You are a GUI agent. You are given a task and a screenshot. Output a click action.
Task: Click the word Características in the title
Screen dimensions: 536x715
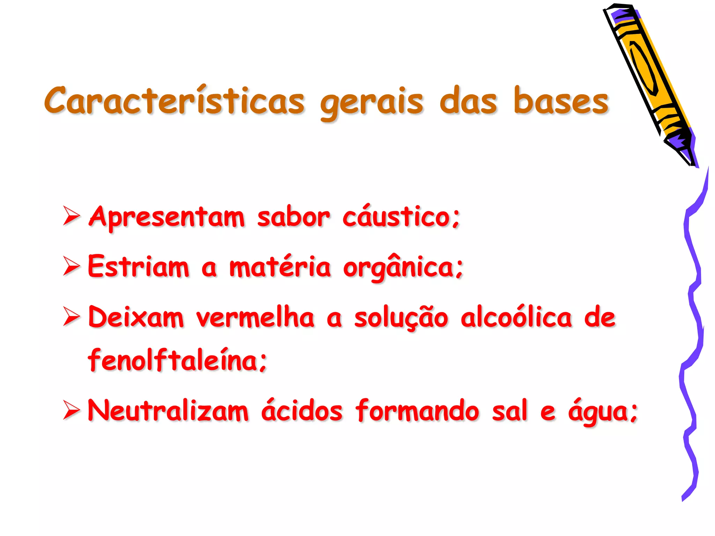click(175, 101)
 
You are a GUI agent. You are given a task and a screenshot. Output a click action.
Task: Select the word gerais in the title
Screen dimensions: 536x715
click(371, 102)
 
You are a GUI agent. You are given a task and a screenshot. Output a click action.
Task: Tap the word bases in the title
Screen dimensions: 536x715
click(561, 101)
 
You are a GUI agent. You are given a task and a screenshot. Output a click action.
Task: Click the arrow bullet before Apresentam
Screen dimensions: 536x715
click(72, 216)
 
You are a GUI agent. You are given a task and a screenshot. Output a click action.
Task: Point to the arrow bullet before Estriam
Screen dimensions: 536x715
click(72, 266)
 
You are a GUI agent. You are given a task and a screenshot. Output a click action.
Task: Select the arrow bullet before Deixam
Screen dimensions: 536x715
click(72, 317)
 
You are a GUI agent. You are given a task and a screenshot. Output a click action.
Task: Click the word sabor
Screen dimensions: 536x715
click(293, 217)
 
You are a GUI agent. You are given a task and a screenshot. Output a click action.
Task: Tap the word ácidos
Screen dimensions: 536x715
click(302, 410)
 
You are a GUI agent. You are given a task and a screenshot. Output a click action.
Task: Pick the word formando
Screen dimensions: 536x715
click(418, 410)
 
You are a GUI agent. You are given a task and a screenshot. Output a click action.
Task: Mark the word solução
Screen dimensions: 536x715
click(401, 318)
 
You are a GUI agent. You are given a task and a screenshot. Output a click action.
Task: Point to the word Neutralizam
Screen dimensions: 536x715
click(168, 410)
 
